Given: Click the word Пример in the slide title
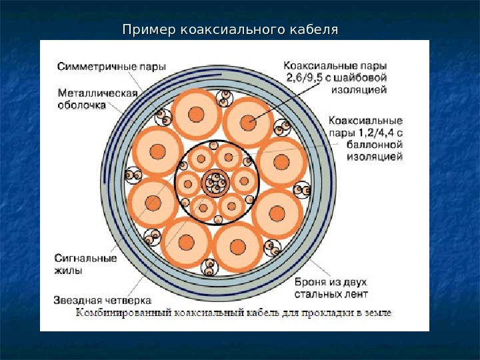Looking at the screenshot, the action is point(146,30).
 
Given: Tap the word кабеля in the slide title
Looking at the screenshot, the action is point(315,30).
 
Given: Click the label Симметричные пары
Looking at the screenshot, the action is point(111,67).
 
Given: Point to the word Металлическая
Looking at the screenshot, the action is point(97,93).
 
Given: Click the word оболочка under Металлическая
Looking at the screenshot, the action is point(82,105).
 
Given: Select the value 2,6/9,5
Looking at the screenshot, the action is point(309,77).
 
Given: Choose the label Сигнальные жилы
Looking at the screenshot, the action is point(86,264).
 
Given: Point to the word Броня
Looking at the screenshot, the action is point(309,281).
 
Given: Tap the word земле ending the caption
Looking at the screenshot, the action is point(377,312).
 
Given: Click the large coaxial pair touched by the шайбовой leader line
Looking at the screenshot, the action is point(248,123).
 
